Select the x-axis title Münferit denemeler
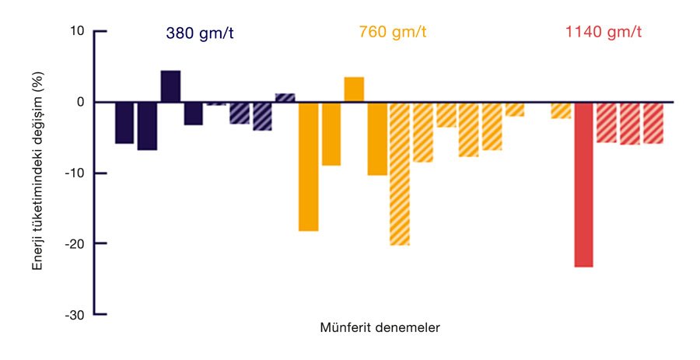coord(380,327)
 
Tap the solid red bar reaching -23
coord(583,184)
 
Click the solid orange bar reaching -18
coord(308,166)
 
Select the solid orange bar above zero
coord(354,89)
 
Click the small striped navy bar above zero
coord(285,98)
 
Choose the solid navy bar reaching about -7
coord(147,126)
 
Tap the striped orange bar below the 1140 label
coord(561,110)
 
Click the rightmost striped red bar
coord(653,123)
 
